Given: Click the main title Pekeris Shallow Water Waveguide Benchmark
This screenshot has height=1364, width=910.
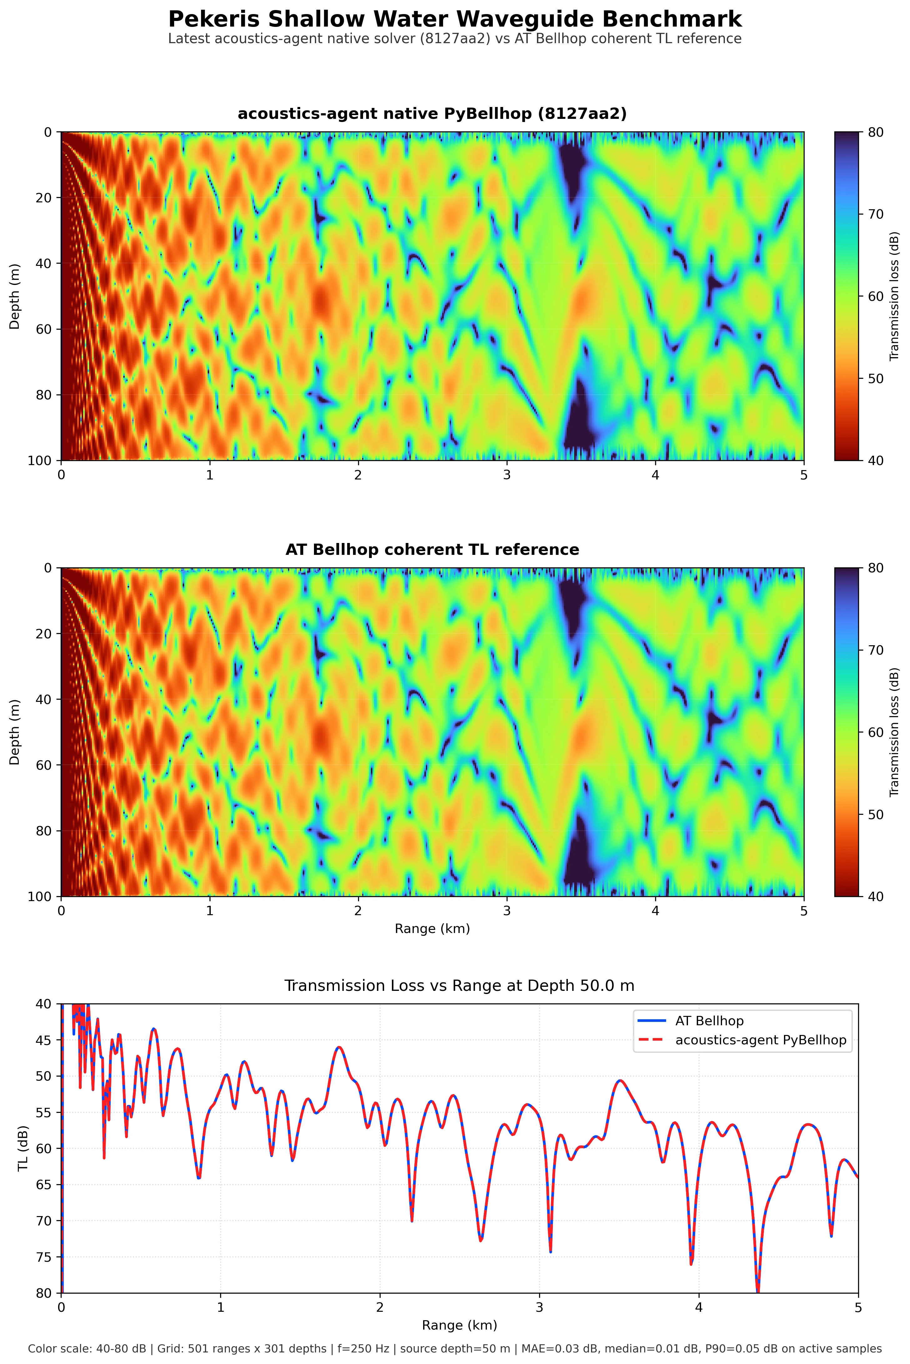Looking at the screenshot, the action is (x=455, y=19).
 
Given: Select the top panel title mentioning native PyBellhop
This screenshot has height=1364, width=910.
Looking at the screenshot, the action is (x=432, y=114).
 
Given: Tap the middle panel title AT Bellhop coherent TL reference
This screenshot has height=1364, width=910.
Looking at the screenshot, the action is (x=432, y=550).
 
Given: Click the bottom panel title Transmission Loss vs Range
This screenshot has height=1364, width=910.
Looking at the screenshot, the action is (x=459, y=986).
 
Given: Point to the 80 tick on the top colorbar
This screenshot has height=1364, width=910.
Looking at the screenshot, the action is (x=876, y=132).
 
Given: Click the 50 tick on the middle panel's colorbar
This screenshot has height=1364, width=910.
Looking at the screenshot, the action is (x=876, y=814).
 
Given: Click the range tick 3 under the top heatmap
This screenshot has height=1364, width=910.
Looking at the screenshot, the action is (x=507, y=475).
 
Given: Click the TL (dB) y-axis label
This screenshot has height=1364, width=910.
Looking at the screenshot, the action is (x=23, y=1149).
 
